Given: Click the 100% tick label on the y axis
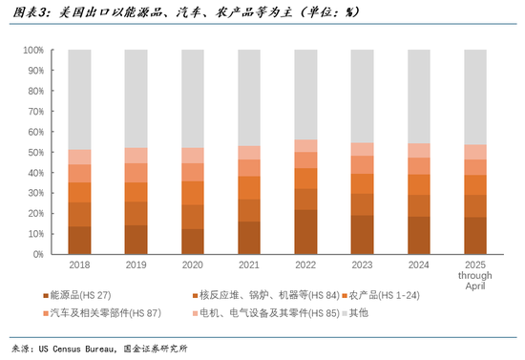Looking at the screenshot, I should coord(31,50).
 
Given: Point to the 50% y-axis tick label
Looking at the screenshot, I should coord(34,152).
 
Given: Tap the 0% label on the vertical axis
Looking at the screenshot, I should coord(37,255).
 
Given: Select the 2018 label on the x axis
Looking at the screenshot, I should coord(79,266).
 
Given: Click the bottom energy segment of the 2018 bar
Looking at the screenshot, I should coord(79,241).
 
